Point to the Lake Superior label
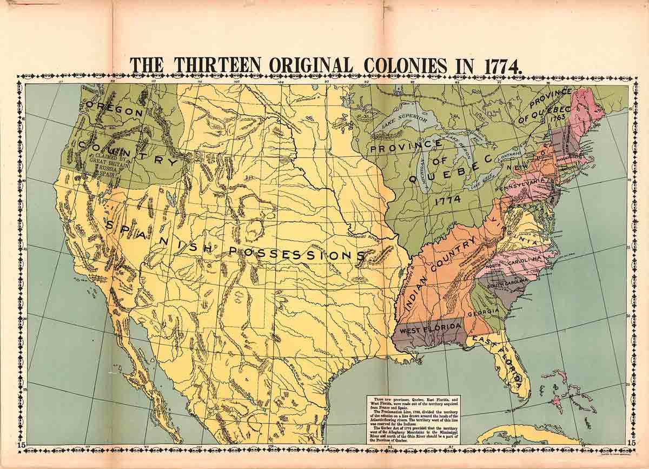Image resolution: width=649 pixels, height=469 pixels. point(405,117)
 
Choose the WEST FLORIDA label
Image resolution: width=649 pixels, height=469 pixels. point(431,327)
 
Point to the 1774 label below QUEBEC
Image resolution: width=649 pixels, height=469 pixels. point(447,200)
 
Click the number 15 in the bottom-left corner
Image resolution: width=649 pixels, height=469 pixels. point(21,445)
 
